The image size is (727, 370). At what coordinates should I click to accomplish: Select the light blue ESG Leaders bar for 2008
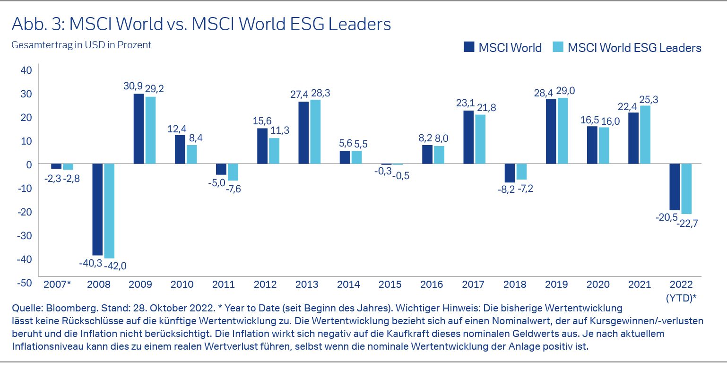coord(109,211)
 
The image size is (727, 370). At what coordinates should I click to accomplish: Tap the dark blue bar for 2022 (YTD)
coord(675,187)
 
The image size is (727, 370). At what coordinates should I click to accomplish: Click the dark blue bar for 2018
coord(510,173)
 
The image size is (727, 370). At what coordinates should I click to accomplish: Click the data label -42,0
coord(115,266)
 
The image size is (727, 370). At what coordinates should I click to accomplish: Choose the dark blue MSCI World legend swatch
coord(469,47)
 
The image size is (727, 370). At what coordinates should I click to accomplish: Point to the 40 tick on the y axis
coord(26,70)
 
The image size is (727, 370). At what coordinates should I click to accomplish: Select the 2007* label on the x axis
coord(57,284)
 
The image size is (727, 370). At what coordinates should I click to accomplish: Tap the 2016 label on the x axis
coord(431,284)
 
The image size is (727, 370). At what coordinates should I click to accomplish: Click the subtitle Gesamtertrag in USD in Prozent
coord(81,45)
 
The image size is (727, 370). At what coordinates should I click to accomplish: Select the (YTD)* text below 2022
coord(681,298)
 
